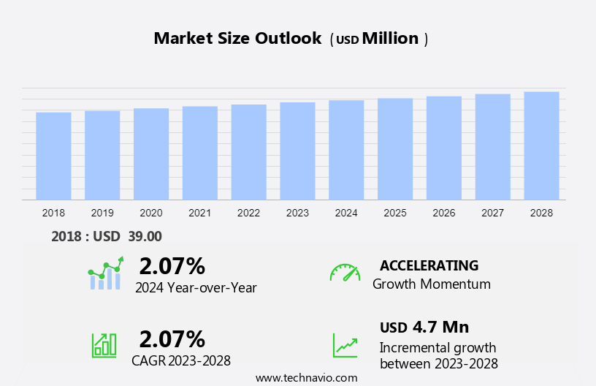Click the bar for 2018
click(53, 156)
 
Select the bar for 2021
click(200, 153)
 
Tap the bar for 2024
click(346, 150)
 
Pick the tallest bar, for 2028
click(541, 145)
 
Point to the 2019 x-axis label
click(102, 213)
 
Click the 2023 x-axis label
click(297, 213)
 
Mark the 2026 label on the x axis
click(444, 213)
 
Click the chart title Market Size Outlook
click(237, 39)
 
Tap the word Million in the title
click(390, 39)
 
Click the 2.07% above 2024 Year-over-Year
click(172, 265)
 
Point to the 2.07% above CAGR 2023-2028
click(172, 338)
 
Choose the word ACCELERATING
click(429, 265)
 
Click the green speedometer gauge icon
click(345, 273)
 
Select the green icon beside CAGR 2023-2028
click(104, 344)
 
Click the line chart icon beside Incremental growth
click(345, 345)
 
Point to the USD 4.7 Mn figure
click(424, 327)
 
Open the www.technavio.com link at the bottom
click(307, 378)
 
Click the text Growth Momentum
click(432, 284)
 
